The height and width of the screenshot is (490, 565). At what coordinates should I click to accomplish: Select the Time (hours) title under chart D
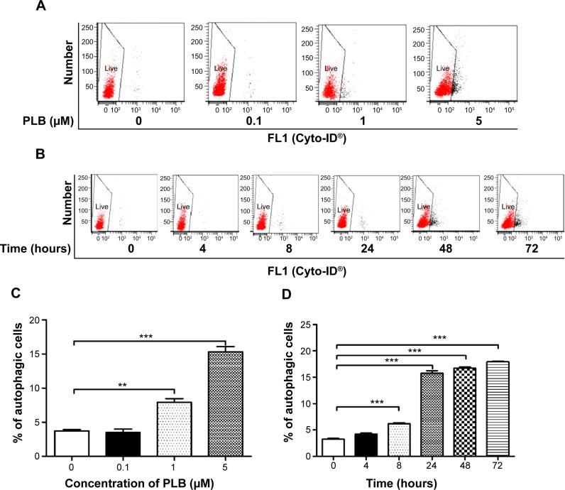[x=423, y=483]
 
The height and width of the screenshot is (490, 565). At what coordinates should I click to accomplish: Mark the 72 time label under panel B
[x=517, y=250]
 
